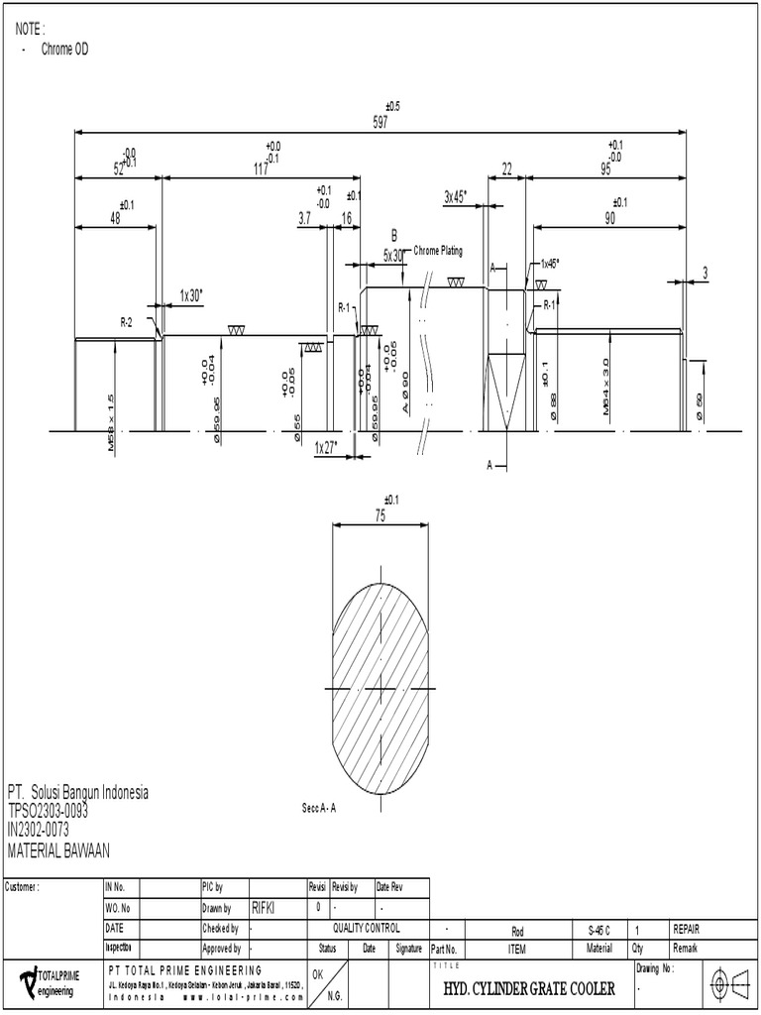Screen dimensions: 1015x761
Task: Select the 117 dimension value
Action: coord(261,169)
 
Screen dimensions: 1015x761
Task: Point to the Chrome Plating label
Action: coord(438,252)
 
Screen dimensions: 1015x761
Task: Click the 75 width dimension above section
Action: coord(380,515)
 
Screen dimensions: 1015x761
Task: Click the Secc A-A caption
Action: coord(320,808)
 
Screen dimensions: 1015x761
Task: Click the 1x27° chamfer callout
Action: coord(326,447)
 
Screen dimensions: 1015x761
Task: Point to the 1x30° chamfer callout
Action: coord(191,294)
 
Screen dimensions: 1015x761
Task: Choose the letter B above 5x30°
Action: coord(393,236)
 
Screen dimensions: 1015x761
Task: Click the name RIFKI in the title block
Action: coord(265,906)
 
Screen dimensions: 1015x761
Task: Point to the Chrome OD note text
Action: coord(64,49)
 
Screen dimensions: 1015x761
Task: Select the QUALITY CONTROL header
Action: coord(367,929)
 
